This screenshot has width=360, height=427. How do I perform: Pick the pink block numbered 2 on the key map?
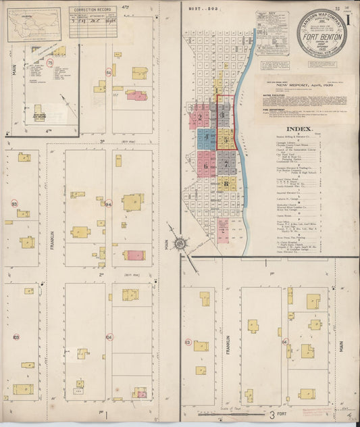pyautogui.click(x=200, y=116)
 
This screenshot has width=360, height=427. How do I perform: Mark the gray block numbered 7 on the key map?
pyautogui.click(x=226, y=163)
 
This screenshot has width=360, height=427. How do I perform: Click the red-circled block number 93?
pyautogui.click(x=14, y=203)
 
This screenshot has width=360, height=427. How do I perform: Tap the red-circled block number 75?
pyautogui.click(x=49, y=63)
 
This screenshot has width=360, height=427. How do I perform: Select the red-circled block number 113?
pyautogui.click(x=188, y=342)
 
